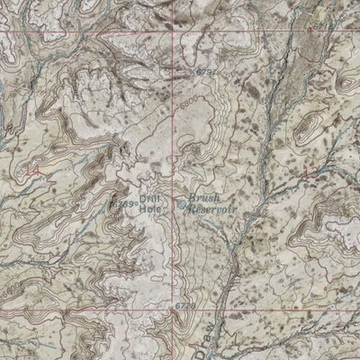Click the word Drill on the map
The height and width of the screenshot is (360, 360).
point(148,198)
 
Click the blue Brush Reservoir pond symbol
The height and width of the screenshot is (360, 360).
point(183,204)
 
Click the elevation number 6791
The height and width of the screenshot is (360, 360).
point(207,70)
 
